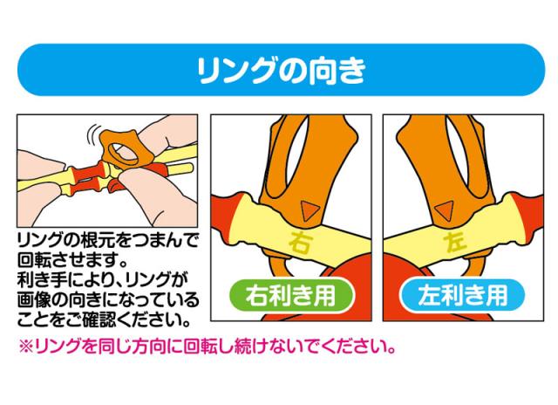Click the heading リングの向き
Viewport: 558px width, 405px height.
click(279, 68)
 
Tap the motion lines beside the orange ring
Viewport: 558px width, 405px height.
click(91, 135)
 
